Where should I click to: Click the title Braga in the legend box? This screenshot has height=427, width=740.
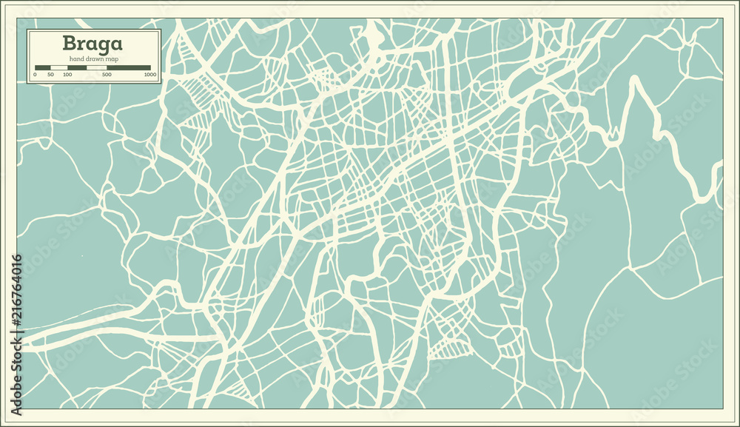tap(93, 44)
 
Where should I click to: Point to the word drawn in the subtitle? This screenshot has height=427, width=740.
tap(93, 58)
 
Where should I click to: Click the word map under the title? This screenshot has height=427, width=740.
tap(111, 58)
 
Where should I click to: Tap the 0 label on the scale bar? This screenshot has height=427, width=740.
tap(36, 75)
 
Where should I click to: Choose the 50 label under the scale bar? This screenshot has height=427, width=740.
tap(50, 75)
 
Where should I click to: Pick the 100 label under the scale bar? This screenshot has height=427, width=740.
tap(67, 75)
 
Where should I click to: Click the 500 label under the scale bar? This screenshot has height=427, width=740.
tap(107, 75)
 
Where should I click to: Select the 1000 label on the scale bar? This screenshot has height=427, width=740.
tap(150, 75)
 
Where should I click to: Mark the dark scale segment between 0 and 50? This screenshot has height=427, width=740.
tap(43, 68)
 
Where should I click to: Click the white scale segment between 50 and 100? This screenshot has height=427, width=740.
tap(58, 68)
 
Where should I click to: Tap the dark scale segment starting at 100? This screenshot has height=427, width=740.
tap(77, 68)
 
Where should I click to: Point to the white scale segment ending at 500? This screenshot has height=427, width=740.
tap(97, 68)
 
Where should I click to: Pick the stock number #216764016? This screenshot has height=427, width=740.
tap(16, 296)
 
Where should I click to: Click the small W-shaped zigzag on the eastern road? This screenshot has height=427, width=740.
tap(611, 137)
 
